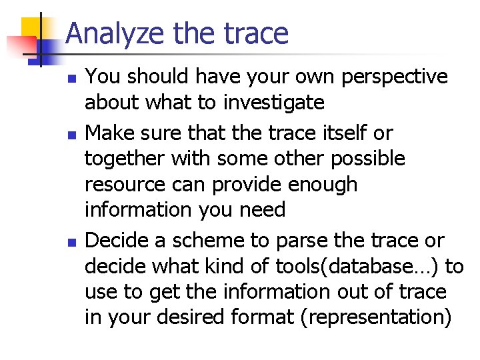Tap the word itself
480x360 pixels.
tap(342, 133)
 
